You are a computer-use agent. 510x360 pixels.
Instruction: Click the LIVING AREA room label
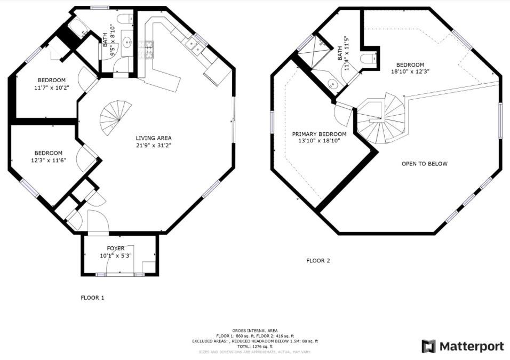pyautogui.click(x=154, y=138)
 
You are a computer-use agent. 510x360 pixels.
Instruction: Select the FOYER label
pyautogui.click(x=115, y=249)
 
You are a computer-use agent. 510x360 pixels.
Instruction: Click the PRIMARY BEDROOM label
pyautogui.click(x=319, y=134)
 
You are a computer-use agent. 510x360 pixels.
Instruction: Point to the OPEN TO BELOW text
pyautogui.click(x=425, y=164)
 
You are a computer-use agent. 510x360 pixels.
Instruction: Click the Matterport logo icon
pyautogui.click(x=429, y=346)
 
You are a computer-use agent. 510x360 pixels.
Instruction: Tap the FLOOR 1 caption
pyautogui.click(x=92, y=298)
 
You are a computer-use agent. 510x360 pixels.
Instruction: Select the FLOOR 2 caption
pyautogui.click(x=318, y=260)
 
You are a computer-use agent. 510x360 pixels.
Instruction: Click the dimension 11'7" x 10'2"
pyautogui.click(x=52, y=87)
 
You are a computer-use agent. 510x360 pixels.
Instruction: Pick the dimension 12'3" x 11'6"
pyautogui.click(x=49, y=160)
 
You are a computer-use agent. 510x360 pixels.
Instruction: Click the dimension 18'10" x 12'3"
pyautogui.click(x=410, y=71)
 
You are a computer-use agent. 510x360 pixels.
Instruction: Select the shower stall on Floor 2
pyautogui.click(x=314, y=54)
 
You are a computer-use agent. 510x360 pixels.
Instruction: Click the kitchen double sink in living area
pyautogui.click(x=194, y=45)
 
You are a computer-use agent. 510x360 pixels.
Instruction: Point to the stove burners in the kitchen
pyautogui.click(x=146, y=50)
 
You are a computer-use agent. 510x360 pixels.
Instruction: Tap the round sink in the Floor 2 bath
pyautogui.click(x=332, y=84)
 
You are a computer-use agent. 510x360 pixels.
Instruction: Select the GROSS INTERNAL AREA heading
pyautogui.click(x=255, y=331)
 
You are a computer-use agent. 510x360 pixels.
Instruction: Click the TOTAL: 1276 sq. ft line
pyautogui.click(x=255, y=347)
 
